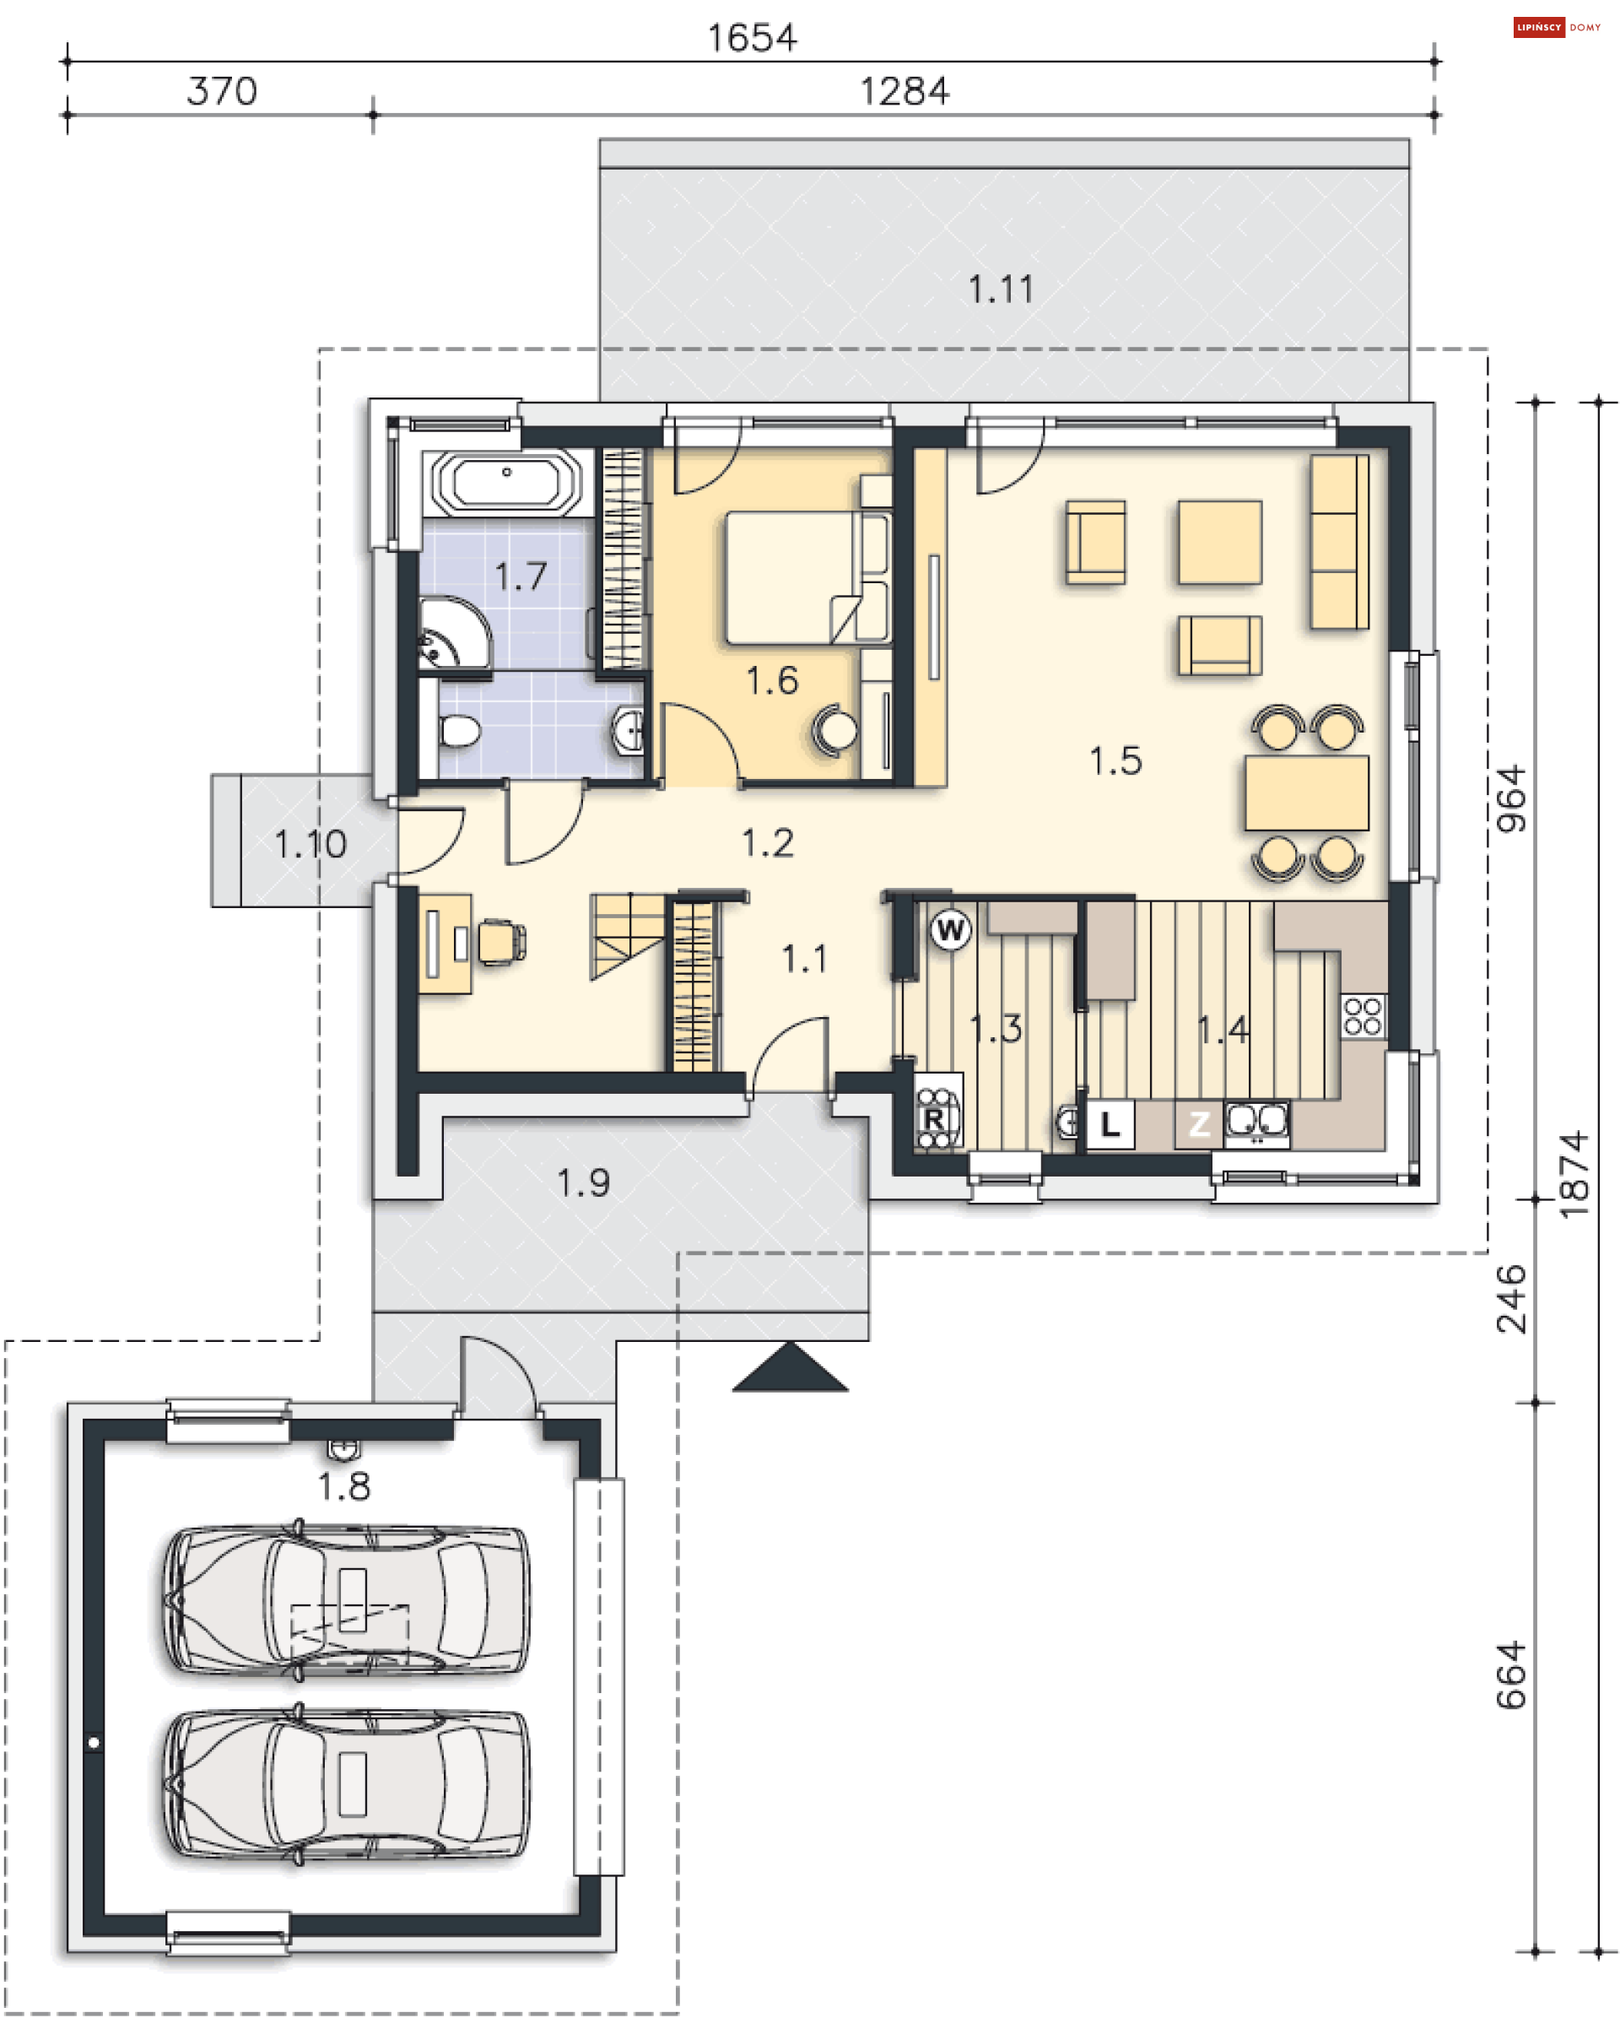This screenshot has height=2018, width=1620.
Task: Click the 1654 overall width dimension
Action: coord(752,38)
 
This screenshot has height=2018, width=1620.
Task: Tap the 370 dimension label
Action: coord(222,91)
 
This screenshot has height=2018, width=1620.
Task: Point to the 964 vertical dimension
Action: coord(1511,799)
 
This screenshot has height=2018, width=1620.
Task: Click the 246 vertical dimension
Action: coord(1511,1299)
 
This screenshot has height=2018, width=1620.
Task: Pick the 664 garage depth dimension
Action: coord(1511,1675)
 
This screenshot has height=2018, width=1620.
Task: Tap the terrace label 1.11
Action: coord(1001,289)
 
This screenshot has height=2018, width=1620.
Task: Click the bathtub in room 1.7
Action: coord(506,483)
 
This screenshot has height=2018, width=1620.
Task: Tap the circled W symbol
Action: coord(950,929)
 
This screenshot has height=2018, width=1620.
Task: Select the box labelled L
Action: coord(1110,1123)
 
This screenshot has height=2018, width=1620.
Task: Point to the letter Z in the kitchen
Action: coord(1199,1123)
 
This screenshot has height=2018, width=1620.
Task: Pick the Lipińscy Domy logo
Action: coord(1558,27)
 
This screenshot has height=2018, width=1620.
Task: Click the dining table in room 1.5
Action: coord(1305,793)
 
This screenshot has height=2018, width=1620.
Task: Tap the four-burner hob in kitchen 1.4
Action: coord(1363,1015)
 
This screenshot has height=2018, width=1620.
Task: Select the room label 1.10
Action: coord(310,844)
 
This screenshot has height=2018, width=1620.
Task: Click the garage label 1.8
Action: coord(344,1486)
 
